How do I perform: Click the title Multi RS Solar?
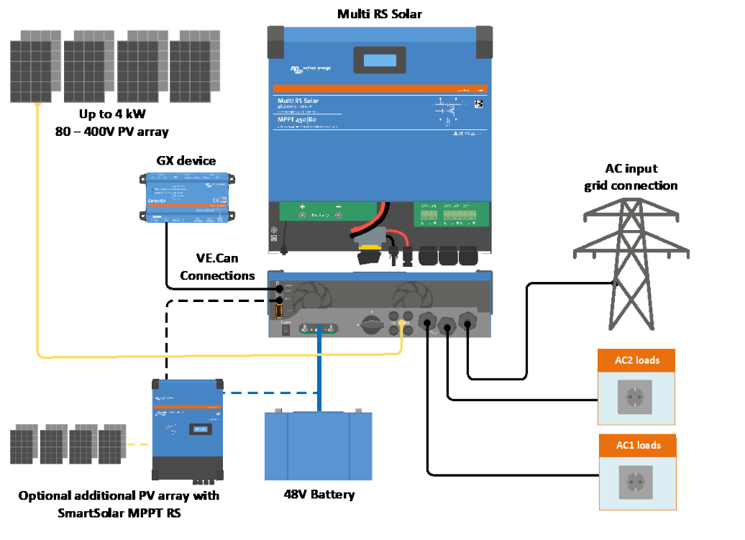[379, 14]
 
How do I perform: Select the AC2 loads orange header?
[637, 360]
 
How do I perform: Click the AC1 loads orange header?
[637, 445]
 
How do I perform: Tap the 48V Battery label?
[319, 495]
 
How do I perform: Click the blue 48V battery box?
[319, 447]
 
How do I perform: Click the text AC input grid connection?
[630, 177]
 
